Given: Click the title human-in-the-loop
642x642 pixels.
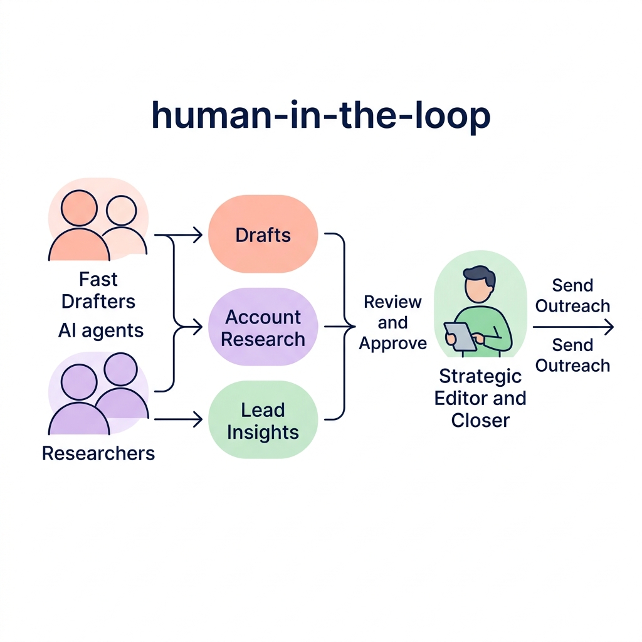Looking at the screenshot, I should point(320,116).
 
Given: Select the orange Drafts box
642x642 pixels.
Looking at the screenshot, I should point(263,235).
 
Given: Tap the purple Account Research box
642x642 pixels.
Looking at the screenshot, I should point(263,327).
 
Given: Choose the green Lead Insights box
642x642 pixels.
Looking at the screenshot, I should point(263,421).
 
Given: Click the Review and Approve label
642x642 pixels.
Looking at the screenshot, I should point(393,323).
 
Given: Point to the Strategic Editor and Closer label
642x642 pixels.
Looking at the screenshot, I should point(480,398).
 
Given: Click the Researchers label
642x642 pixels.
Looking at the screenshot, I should point(98,453).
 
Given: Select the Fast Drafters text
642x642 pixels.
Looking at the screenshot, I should point(98,290).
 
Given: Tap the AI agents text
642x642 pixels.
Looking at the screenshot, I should point(101,330).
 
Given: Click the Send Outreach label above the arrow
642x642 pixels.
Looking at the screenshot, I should point(572,296).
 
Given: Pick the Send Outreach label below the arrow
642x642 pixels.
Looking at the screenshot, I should point(572,355).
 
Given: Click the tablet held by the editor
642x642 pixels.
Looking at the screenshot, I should point(460,335).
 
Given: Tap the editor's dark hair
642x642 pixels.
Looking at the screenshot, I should point(479,274).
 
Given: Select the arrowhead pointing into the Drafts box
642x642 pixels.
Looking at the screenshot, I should point(198,235).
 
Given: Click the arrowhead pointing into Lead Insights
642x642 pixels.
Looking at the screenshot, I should point(198,420).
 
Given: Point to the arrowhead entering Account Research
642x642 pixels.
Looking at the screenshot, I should point(198,327).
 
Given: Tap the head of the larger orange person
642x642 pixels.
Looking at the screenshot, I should point(80,208).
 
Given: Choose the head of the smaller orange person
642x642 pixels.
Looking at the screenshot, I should point(121,211).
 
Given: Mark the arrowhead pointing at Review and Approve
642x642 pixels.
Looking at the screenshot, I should point(352,327).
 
